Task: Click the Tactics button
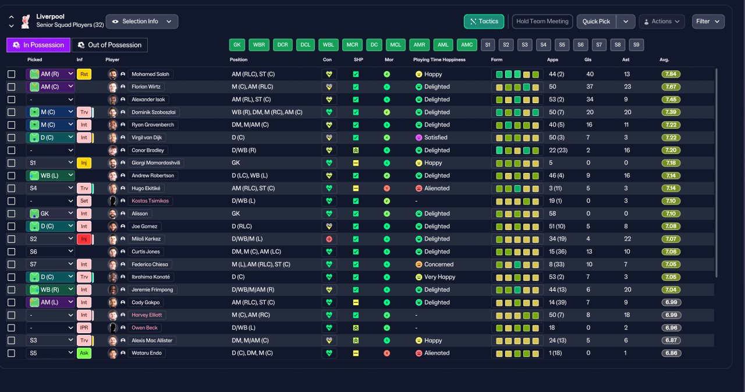coord(484,22)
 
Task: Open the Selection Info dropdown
coord(142,22)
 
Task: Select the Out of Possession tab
coord(110,45)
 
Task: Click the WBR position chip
coord(259,45)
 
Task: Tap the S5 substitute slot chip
coord(562,45)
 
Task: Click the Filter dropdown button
coord(708,22)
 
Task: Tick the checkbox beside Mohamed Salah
coord(11,74)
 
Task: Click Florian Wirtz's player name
coord(146,87)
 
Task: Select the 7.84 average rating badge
coord(670,74)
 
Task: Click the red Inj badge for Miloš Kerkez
coord(84,239)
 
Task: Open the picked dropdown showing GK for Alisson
coord(50,214)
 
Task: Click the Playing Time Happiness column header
coord(439,60)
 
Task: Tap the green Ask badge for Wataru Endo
coord(84,353)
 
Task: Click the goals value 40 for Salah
coord(590,74)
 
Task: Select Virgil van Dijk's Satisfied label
coord(436,137)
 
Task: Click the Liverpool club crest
coord(26,22)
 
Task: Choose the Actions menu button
coord(662,22)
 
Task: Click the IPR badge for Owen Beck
coord(84,328)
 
